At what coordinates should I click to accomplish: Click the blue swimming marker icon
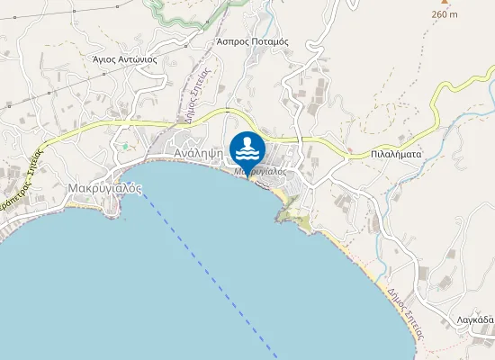tap(247, 147)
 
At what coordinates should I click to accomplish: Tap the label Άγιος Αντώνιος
tap(125, 59)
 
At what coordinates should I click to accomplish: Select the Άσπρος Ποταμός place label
tap(252, 41)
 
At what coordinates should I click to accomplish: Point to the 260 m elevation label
tap(445, 14)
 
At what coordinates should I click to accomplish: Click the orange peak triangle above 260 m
tap(444, 3)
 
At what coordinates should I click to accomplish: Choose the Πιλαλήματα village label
tap(396, 154)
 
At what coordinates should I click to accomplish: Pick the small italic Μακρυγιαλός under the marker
tap(260, 171)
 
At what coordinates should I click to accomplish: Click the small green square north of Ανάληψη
tap(125, 146)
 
